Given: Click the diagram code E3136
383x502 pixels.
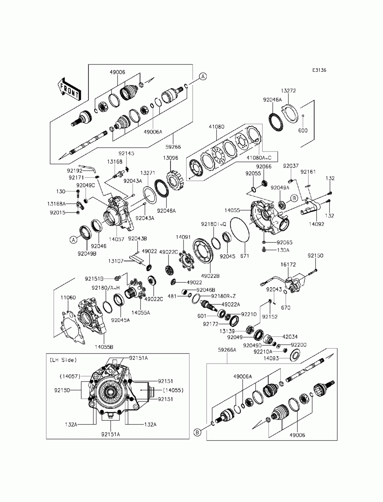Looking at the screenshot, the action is [x=319, y=70].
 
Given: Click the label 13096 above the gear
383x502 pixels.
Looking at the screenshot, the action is [x=170, y=158].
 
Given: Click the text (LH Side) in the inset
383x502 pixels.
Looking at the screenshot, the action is [x=63, y=360].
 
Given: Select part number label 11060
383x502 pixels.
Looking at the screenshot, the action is [x=68, y=297].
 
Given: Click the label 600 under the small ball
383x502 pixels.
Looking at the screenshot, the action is [x=303, y=130].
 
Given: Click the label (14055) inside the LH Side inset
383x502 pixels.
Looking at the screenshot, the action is [x=173, y=390].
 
